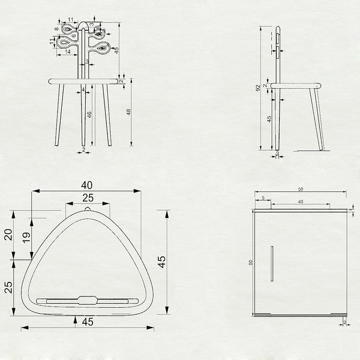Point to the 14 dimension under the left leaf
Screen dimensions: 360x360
(x=68, y=52)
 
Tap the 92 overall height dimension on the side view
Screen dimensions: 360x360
(x=258, y=88)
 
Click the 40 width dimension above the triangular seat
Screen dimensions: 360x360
(x=87, y=184)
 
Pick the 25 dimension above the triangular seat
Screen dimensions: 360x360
(x=88, y=197)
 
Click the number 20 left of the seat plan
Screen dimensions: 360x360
(x=8, y=235)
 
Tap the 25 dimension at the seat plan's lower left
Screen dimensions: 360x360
(x=8, y=287)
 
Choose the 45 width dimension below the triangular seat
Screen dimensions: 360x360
(x=88, y=322)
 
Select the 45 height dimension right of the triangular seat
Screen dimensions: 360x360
(x=161, y=262)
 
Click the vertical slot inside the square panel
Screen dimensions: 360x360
(x=271, y=263)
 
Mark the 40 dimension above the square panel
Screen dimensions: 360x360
(x=301, y=202)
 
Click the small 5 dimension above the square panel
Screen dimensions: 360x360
(x=263, y=197)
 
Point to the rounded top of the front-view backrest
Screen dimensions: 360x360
(x=86, y=24)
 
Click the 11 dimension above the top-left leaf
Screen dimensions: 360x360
(x=71, y=20)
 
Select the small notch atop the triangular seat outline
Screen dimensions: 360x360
(x=88, y=209)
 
